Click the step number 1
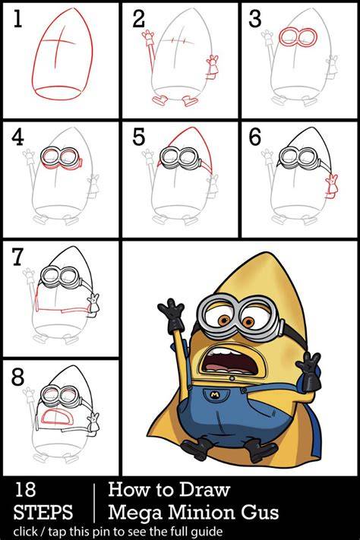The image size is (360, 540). coord(17,18)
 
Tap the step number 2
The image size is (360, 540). coord(138,18)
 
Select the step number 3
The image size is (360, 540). coord(255,18)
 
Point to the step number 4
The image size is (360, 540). coord(17,137)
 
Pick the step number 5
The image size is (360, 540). coord(138,137)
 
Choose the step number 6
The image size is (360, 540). coord(255,137)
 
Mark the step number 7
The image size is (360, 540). coord(18,257)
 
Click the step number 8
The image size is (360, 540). coord(17,377)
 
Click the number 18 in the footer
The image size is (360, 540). coord(25,490)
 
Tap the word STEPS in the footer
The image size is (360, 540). coord(43,512)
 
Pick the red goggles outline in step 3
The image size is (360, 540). coord(298,37)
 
